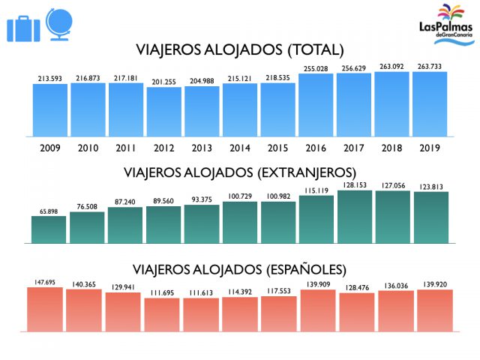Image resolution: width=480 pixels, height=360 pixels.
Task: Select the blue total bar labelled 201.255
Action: [x=164, y=104]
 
